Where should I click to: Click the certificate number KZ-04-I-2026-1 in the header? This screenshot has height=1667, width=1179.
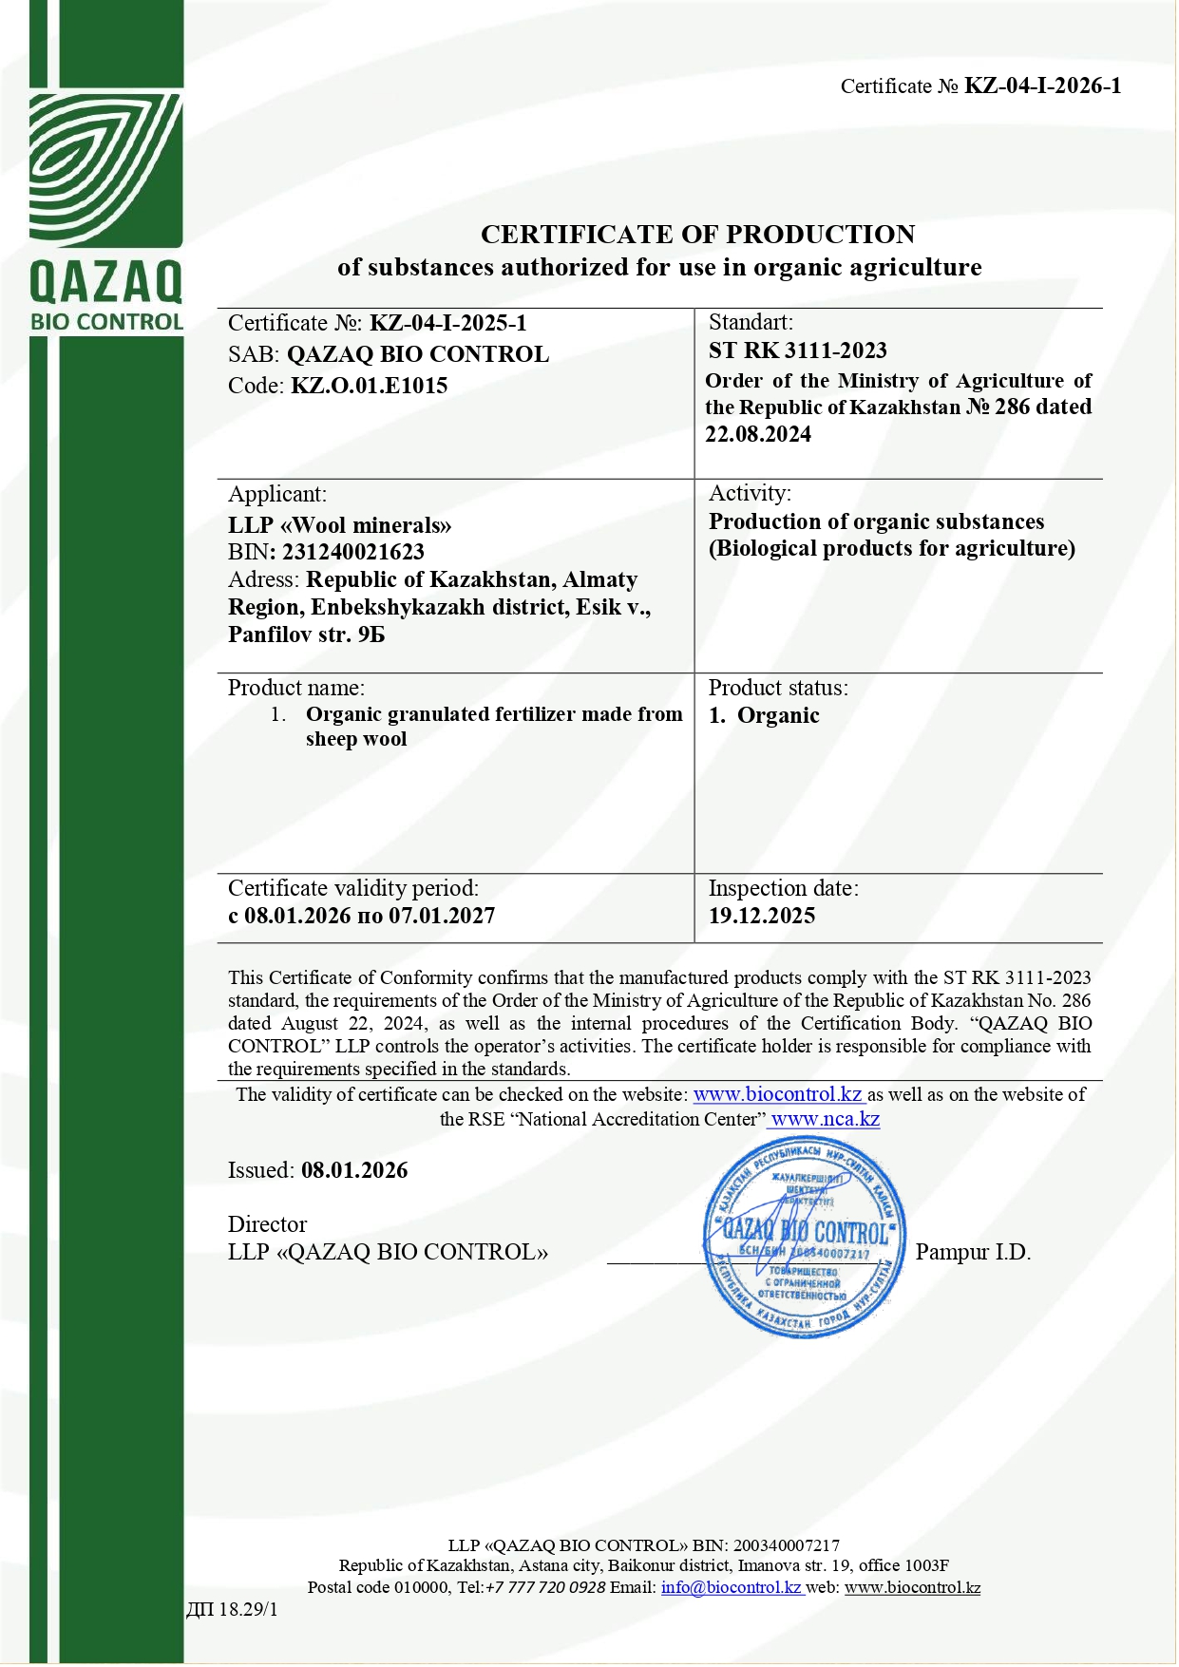[x=1042, y=86]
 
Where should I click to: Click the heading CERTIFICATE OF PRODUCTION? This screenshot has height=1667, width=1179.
[x=697, y=235]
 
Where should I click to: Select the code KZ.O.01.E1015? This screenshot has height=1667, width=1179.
[x=369, y=386]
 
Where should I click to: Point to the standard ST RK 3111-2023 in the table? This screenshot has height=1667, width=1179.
[x=797, y=350]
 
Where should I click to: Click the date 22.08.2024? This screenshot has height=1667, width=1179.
[x=757, y=434]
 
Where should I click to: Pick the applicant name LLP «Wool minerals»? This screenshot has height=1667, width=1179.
[x=339, y=525]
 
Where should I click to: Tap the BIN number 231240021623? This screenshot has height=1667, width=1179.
[x=352, y=552]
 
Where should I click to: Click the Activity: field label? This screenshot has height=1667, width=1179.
[x=750, y=493]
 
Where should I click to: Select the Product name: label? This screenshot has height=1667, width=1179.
[x=295, y=688]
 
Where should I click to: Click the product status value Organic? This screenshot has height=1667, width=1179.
[x=777, y=716]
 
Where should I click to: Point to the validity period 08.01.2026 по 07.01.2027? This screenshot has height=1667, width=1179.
[x=361, y=916]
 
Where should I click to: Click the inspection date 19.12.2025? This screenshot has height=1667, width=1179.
[x=761, y=916]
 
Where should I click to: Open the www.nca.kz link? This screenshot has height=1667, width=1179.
[x=825, y=1119]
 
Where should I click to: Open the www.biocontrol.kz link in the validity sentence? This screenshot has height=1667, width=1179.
[x=777, y=1094]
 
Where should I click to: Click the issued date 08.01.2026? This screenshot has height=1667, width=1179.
[x=354, y=1170]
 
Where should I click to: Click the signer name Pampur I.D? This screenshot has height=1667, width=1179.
[x=972, y=1252]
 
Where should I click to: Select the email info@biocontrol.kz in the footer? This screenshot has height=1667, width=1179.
[x=732, y=1587]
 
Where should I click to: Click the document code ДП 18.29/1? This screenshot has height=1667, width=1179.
[x=232, y=1609]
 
